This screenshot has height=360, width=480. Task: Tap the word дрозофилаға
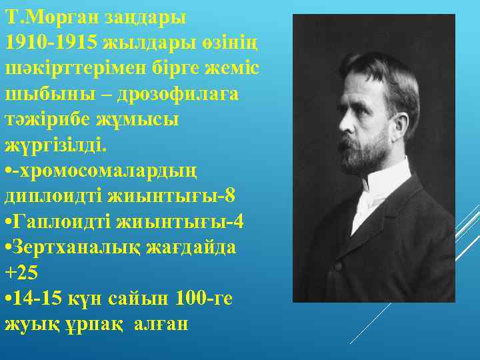[x=177, y=95]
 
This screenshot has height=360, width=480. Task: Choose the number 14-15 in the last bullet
[x=39, y=298]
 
